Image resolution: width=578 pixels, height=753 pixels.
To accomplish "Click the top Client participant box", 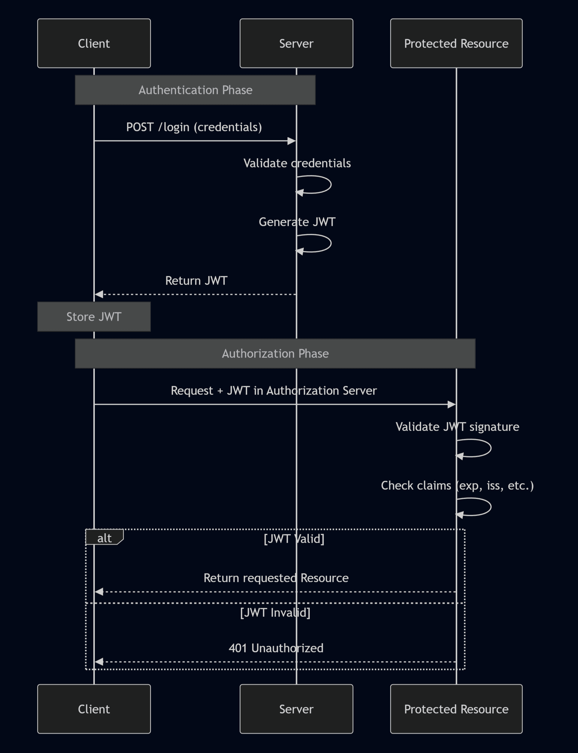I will (x=94, y=43).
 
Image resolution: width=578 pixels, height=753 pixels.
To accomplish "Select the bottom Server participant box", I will (x=296, y=709).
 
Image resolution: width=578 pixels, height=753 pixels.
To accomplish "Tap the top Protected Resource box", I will (x=456, y=43).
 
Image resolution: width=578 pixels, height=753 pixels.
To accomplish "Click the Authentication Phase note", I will (x=195, y=90).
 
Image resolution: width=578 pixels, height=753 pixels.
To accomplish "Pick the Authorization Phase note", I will (x=275, y=353).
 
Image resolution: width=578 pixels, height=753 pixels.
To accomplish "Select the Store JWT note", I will (x=94, y=317).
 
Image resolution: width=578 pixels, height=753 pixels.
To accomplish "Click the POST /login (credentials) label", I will (x=194, y=127).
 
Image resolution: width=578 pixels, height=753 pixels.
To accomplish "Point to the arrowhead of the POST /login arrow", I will (x=292, y=141).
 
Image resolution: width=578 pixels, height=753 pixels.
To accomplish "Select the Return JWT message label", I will (x=196, y=280).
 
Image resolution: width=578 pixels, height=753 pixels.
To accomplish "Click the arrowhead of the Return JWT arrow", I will (x=99, y=294).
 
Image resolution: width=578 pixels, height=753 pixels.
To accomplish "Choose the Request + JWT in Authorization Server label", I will (x=274, y=391).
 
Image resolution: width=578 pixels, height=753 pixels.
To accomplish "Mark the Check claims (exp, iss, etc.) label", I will (x=457, y=485).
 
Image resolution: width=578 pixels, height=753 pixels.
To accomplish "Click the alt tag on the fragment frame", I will (x=104, y=538).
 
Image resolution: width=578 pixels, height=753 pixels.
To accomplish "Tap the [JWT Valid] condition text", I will (x=294, y=539).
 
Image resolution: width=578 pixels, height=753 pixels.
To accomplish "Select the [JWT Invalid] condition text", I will (x=275, y=612).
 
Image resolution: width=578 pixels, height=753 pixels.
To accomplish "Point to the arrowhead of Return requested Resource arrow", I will (x=99, y=592).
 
